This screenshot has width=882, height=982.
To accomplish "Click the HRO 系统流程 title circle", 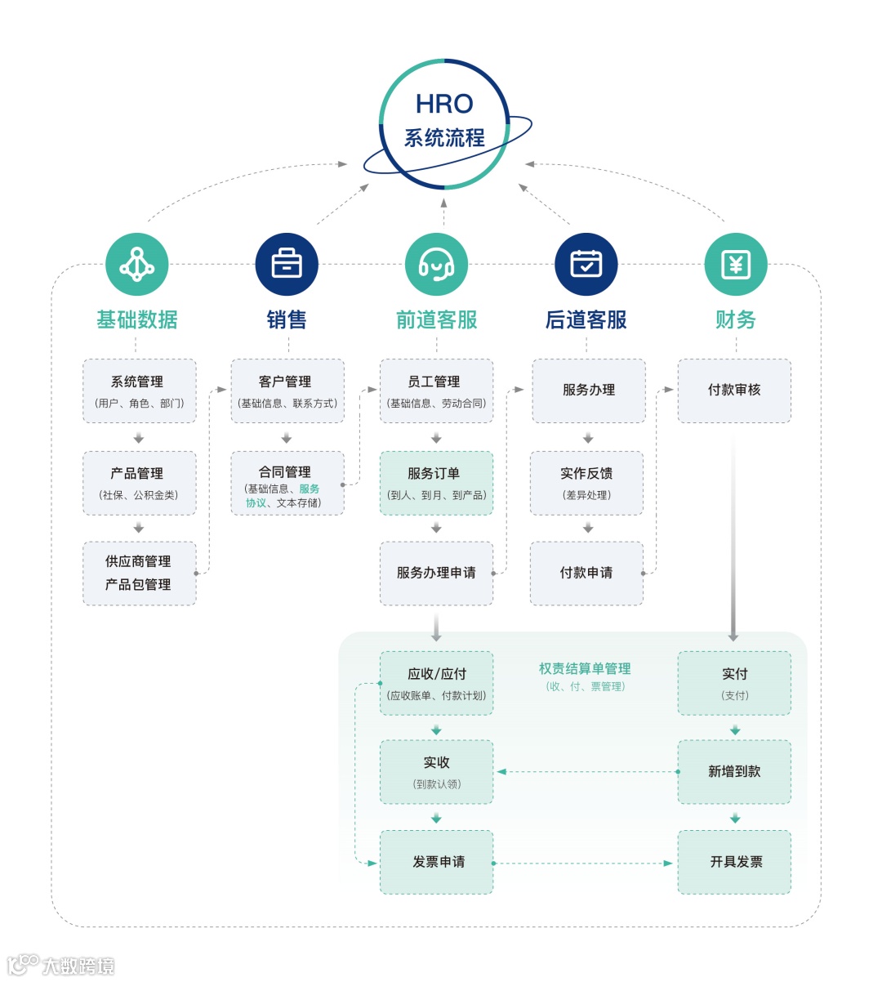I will pyautogui.click(x=444, y=123).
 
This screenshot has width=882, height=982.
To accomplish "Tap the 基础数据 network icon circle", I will pyautogui.click(x=137, y=265).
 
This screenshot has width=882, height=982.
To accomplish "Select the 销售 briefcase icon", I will pyautogui.click(x=287, y=265).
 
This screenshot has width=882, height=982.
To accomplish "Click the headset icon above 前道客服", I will pyautogui.click(x=436, y=265).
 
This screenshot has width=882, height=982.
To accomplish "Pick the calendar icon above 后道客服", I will pyautogui.click(x=586, y=265).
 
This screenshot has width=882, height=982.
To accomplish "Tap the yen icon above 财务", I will pyautogui.click(x=736, y=265).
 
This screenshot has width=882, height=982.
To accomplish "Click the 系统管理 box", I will pyautogui.click(x=139, y=391).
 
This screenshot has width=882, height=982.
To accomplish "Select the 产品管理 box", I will pyautogui.click(x=139, y=483).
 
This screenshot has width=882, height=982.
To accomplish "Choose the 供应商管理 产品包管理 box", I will pyautogui.click(x=139, y=573).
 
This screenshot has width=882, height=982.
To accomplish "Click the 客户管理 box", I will pyautogui.click(x=287, y=391).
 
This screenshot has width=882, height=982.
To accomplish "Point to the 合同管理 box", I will pyautogui.click(x=287, y=483).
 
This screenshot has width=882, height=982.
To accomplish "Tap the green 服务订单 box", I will pyautogui.click(x=436, y=483).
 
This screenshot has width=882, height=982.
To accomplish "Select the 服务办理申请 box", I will pyautogui.click(x=436, y=573).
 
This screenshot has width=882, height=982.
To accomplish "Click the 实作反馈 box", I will pyautogui.click(x=586, y=483).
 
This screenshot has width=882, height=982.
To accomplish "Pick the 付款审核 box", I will pyautogui.click(x=734, y=391).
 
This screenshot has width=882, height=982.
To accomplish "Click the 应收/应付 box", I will pyautogui.click(x=436, y=683).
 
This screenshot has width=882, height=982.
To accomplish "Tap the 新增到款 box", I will pyautogui.click(x=734, y=771).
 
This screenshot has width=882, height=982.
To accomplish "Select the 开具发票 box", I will pyautogui.click(x=734, y=862).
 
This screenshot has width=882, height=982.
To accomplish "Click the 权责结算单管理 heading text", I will pyautogui.click(x=585, y=669).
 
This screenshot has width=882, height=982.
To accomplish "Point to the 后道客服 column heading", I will pyautogui.click(x=586, y=319).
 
